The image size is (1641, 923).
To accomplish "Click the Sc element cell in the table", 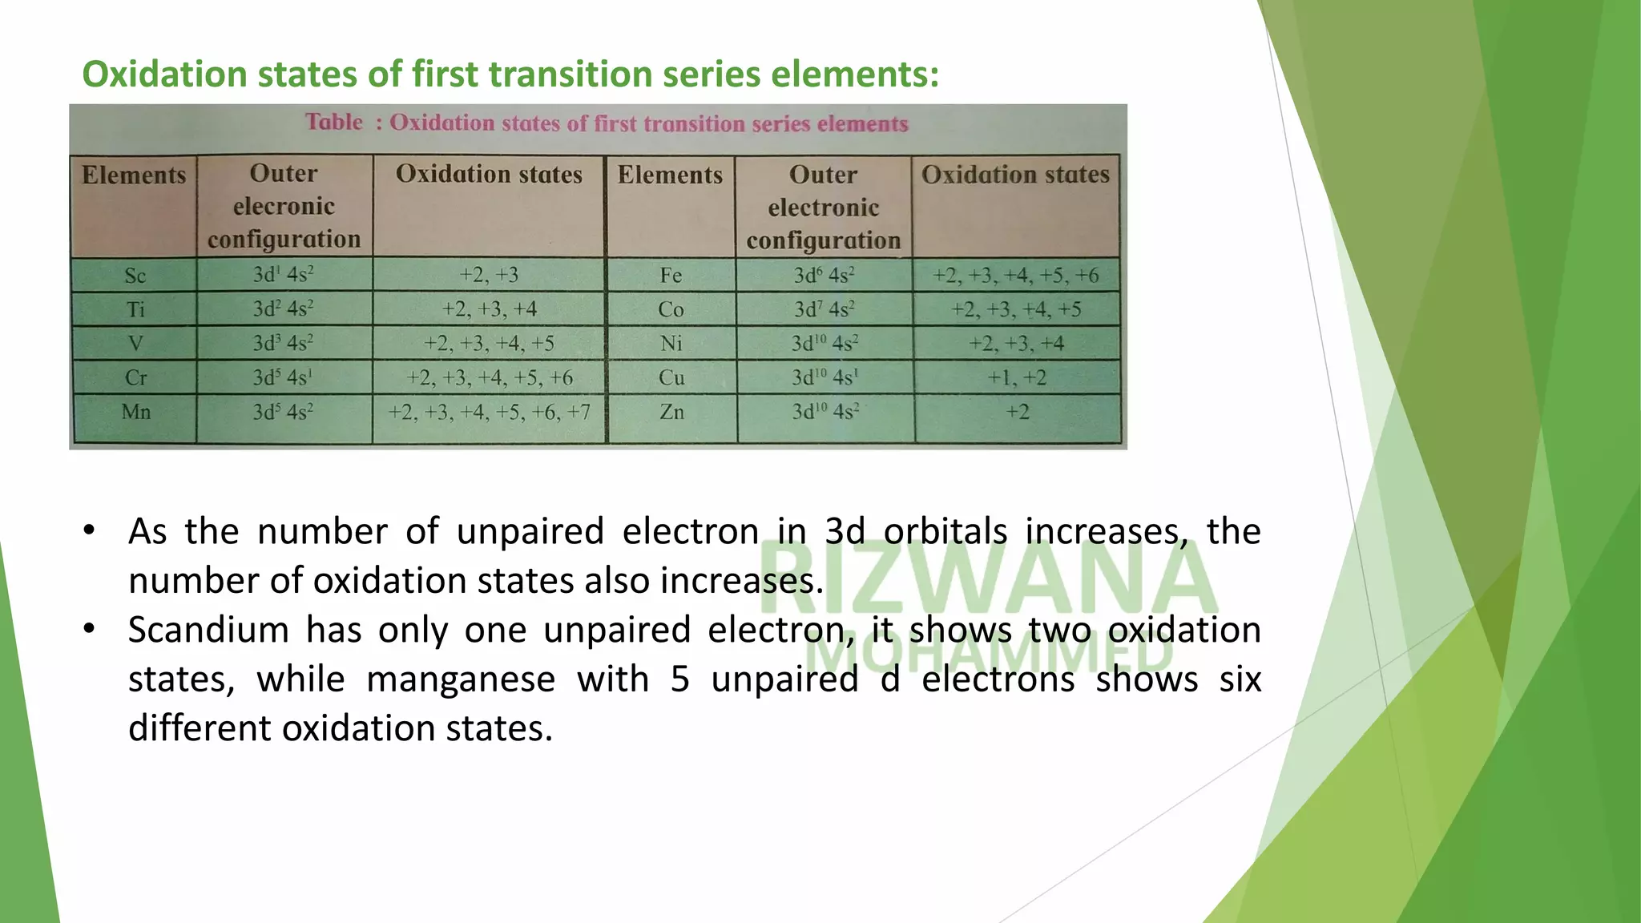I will [x=135, y=276].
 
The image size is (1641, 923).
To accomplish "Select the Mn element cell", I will [x=135, y=412].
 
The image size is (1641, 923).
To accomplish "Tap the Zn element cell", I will [x=671, y=412].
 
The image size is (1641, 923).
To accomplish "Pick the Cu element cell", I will [x=671, y=377].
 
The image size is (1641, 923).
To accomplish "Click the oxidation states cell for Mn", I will [x=489, y=412].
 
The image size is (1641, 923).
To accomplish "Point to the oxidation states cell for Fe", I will [x=1016, y=276].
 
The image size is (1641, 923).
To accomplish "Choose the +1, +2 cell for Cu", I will [x=1017, y=377].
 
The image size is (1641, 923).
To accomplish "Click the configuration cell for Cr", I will [x=283, y=377].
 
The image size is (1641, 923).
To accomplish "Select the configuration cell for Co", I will [x=824, y=309].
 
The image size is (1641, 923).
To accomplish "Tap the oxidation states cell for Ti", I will [x=489, y=309].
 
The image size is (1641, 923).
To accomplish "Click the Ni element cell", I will [x=671, y=344].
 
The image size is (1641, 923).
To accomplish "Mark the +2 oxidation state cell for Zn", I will [x=1018, y=412].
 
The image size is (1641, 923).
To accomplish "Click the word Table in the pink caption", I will [x=334, y=122].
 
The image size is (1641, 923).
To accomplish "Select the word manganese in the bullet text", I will [x=461, y=679].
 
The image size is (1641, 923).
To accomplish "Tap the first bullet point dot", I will [x=89, y=530].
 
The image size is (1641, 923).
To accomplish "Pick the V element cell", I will [x=135, y=344].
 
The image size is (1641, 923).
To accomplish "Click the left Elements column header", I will [x=134, y=175].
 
